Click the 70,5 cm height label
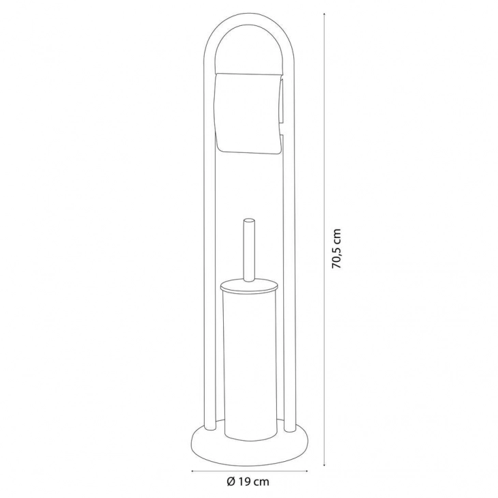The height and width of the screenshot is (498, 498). click(x=336, y=249)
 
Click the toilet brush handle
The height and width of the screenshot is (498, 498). click(x=248, y=250)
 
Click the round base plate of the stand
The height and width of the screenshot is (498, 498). click(x=249, y=441)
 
